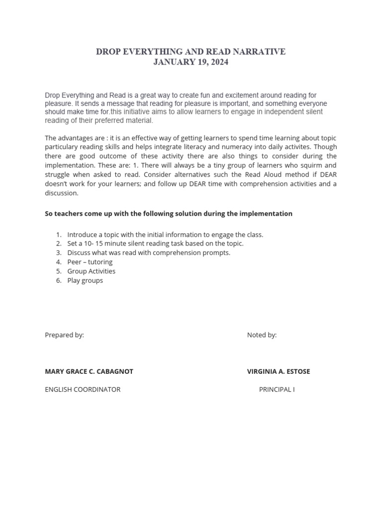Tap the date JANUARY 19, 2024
click(191, 63)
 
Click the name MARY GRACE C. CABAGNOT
click(89, 371)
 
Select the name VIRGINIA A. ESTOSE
click(279, 371)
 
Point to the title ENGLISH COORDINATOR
click(83, 389)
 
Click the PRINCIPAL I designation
click(277, 389)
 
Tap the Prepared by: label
click(64, 335)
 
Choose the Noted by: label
click(262, 335)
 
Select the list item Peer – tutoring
click(90, 262)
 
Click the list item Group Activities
click(92, 271)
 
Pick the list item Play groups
click(85, 280)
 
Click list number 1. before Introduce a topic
click(59, 235)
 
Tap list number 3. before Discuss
click(59, 253)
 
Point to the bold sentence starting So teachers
click(169, 214)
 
